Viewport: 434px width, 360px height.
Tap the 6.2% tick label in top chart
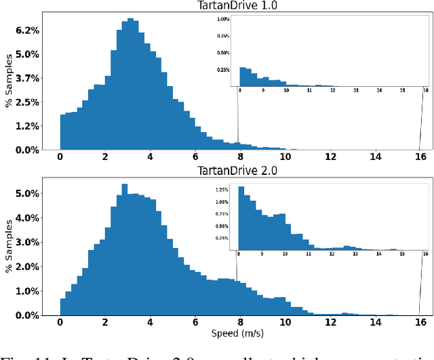coord(27,31)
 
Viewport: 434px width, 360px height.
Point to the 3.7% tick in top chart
coord(27,79)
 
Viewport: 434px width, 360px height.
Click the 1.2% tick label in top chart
coord(27,126)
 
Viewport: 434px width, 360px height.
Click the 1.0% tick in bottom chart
coord(27,291)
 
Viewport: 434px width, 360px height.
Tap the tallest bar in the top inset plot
coord(241,76)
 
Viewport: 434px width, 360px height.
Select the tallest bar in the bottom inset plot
coord(241,217)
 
